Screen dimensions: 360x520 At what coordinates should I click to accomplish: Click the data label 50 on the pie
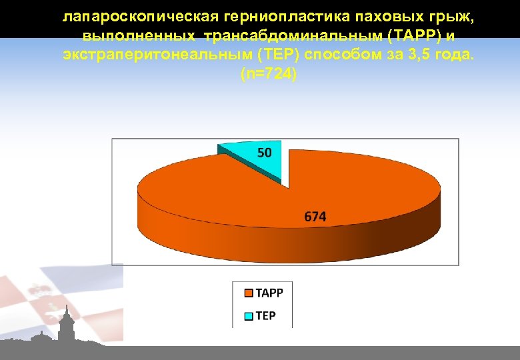(x=265, y=153)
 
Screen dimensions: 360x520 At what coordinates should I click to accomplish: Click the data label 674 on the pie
(x=315, y=217)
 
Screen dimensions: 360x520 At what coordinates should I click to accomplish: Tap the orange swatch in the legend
(x=249, y=293)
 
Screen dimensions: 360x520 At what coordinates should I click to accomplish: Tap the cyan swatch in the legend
(x=249, y=316)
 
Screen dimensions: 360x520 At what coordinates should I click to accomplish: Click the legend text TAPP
(x=269, y=293)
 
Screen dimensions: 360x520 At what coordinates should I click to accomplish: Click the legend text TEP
(x=265, y=316)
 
